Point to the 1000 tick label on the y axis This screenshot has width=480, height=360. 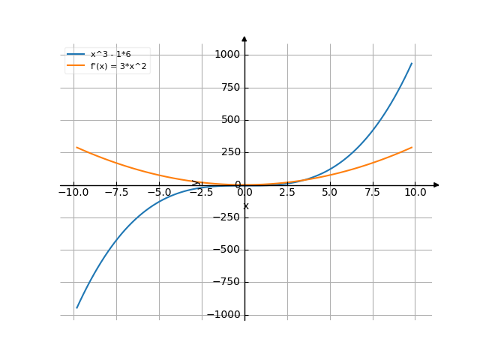point(226,55)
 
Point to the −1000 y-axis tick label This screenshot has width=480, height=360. point(223,315)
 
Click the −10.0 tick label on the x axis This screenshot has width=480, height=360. point(73,192)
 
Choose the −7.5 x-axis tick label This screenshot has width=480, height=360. point(116,192)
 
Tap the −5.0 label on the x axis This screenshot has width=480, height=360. point(159,192)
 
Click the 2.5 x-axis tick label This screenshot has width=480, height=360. point(287,192)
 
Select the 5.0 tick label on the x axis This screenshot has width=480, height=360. point(330,192)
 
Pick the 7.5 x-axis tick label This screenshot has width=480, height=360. point(373,192)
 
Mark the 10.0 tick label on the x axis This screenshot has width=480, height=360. point(415,192)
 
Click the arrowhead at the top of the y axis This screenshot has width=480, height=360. point(244,37)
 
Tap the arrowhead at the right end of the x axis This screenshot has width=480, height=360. point(437,184)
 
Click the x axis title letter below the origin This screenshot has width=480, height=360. point(245,205)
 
